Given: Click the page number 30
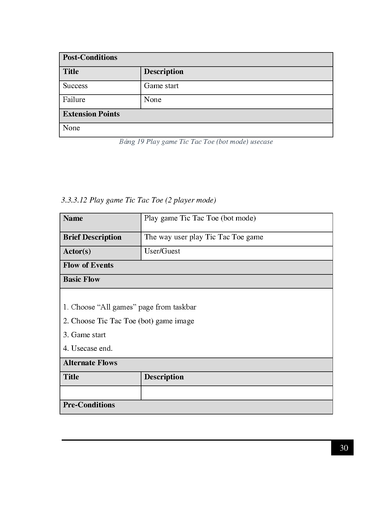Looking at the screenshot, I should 344,448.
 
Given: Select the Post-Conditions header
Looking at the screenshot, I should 90,57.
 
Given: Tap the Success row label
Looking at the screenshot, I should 75,86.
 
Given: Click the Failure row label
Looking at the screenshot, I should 74,100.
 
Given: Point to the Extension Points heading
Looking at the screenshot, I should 91,114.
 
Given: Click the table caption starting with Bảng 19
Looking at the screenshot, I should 196,142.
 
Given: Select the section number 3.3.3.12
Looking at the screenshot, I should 74,200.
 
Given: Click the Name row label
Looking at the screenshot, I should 73,218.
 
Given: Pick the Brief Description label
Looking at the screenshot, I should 92,237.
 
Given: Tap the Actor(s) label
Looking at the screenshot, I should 77,251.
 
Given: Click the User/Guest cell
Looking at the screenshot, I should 162,251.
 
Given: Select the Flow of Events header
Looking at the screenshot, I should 88,265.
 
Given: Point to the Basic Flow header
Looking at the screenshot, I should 82,279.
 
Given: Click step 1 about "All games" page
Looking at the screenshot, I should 130,307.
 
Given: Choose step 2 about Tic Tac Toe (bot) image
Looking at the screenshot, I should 129,321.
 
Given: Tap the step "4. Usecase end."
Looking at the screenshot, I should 88,348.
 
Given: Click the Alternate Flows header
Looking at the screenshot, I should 90,363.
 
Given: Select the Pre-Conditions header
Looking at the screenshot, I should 89,405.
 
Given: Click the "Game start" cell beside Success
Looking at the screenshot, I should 161,86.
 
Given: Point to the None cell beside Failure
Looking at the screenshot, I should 153,100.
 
